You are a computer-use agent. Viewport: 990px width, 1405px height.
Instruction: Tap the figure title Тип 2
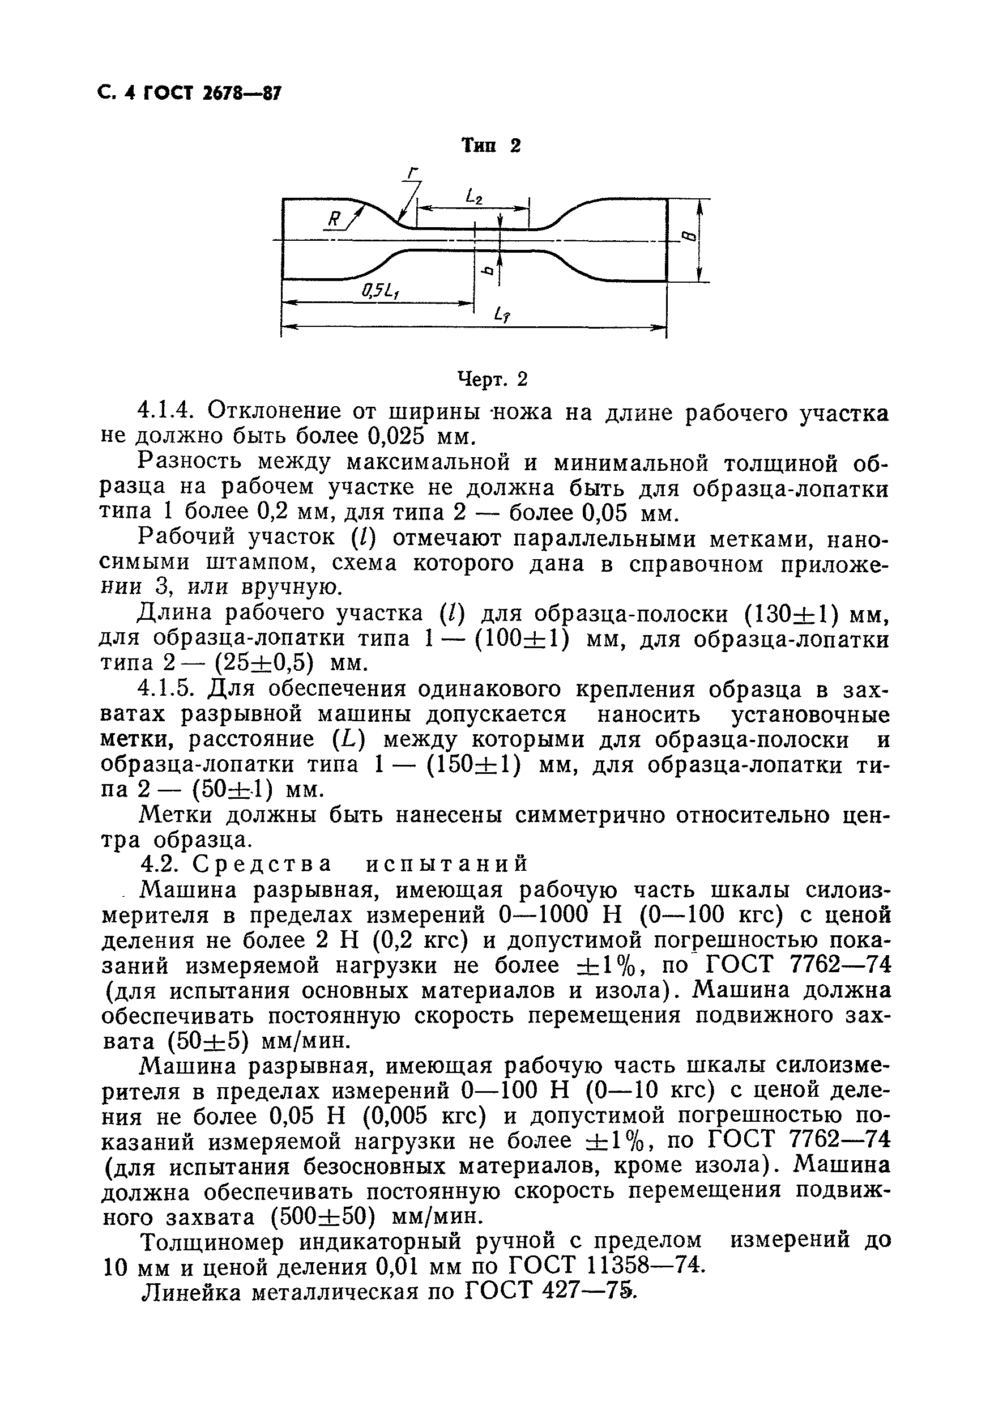[x=490, y=146]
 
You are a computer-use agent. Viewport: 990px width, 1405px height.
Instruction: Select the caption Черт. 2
[x=493, y=380]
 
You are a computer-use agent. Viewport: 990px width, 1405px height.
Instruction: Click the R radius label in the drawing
[x=334, y=219]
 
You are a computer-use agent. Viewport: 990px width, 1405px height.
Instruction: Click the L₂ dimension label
[x=473, y=197]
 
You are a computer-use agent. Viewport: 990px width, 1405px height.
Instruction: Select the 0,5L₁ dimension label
[x=381, y=291]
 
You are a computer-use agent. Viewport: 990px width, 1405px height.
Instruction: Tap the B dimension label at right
[x=688, y=236]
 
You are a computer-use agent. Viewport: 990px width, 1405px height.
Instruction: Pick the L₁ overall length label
[x=503, y=316]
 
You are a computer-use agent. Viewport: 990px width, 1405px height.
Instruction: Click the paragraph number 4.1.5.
[x=167, y=689]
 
